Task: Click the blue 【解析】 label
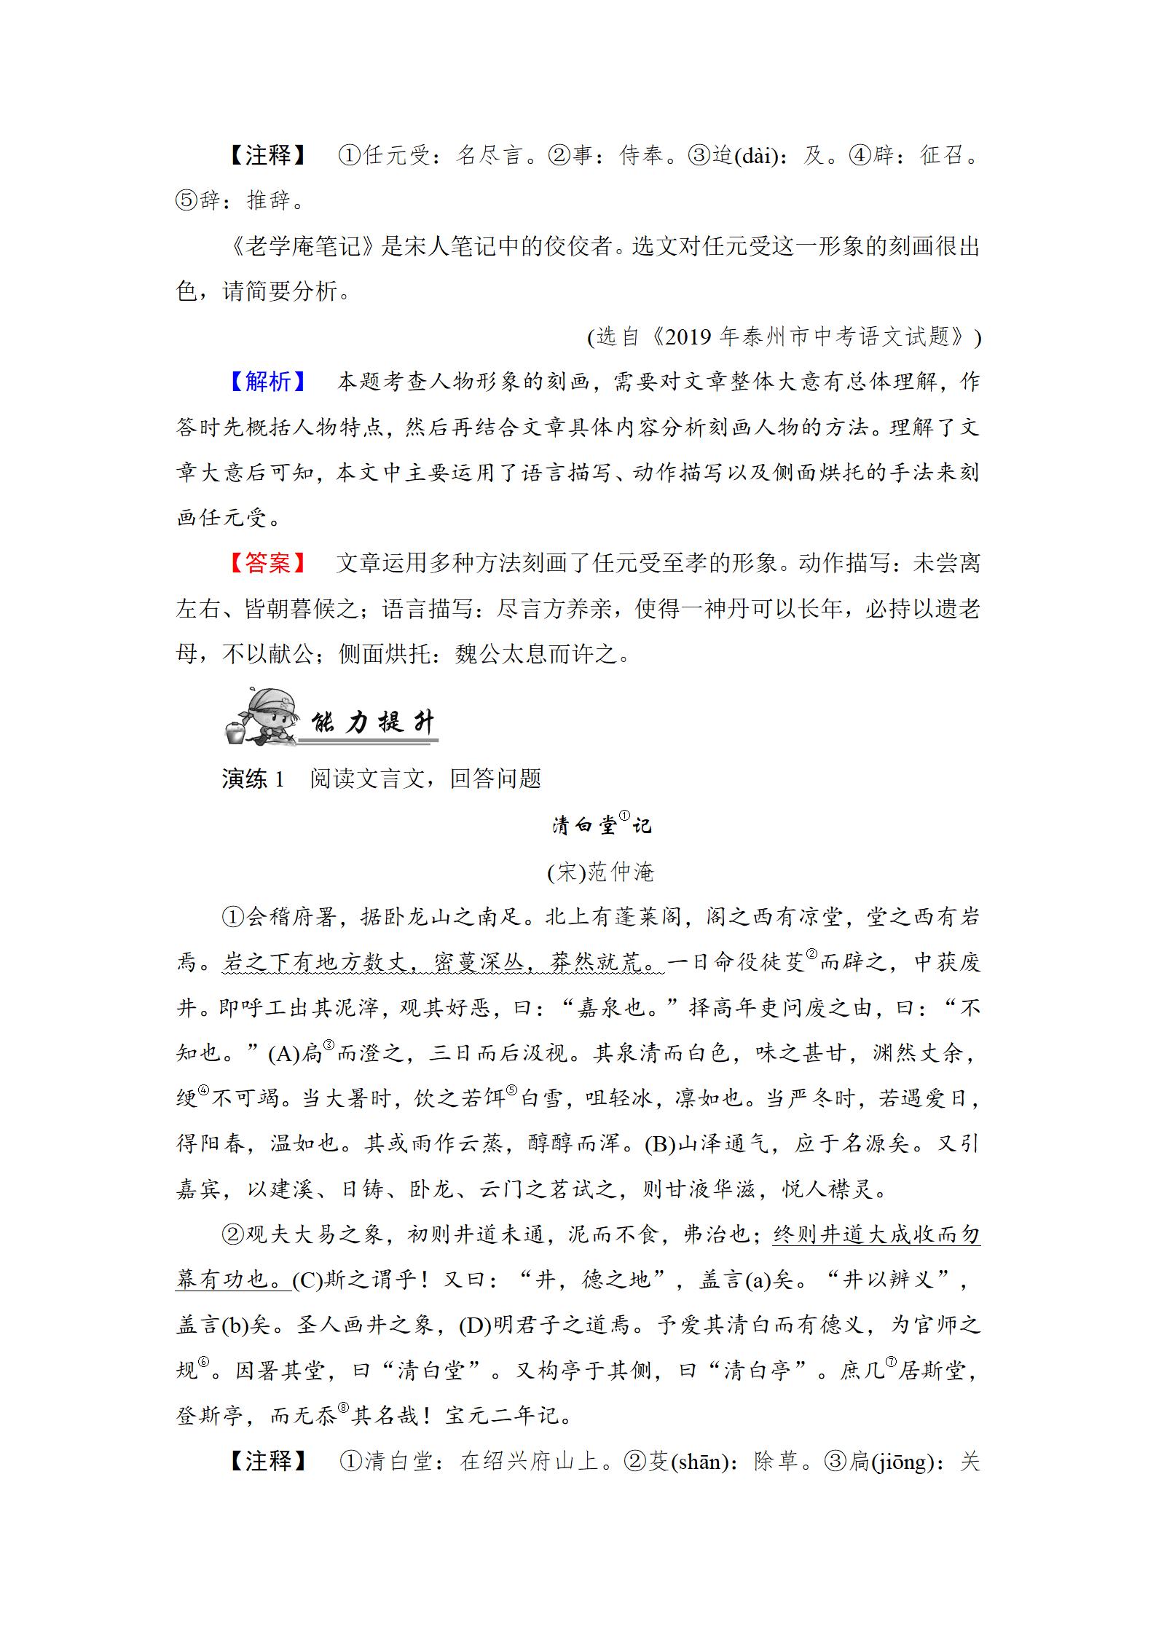(x=267, y=382)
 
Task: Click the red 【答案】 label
(x=267, y=563)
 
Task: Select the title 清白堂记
(x=601, y=825)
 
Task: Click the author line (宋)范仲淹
(x=601, y=872)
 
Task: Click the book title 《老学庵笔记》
(x=304, y=246)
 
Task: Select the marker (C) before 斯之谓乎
(x=307, y=1280)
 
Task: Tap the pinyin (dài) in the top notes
(x=758, y=156)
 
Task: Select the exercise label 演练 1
(x=253, y=779)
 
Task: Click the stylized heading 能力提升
(x=373, y=722)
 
